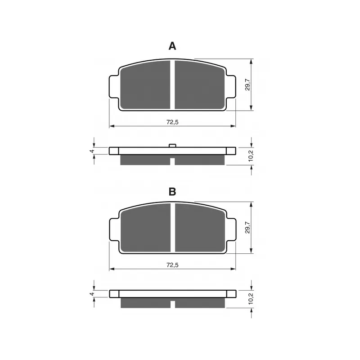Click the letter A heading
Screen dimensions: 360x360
tap(172, 46)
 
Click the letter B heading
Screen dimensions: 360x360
tap(172, 192)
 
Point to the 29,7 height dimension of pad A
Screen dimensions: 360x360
tap(247, 84)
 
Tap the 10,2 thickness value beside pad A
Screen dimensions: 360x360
tap(251, 156)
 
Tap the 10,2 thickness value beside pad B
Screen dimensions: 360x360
tap(251, 299)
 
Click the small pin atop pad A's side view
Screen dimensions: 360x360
tap(172, 145)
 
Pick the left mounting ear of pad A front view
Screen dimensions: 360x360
tap(114, 85)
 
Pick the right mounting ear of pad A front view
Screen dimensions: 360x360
tap(231, 85)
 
